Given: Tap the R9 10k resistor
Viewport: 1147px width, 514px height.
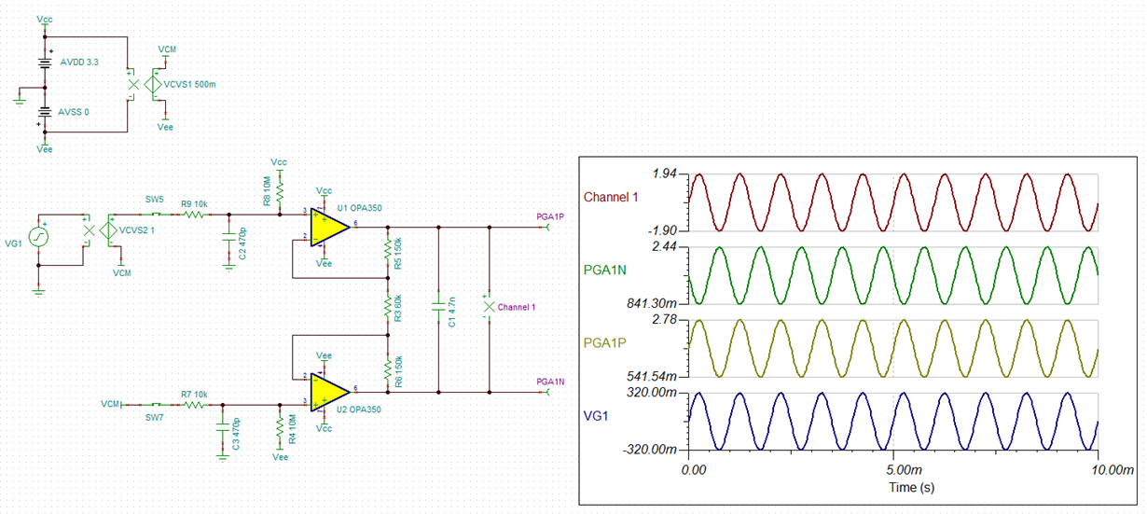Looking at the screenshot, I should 195,215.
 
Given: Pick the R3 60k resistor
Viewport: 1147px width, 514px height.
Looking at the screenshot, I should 387,307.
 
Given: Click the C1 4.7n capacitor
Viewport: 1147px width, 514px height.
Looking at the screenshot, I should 437,307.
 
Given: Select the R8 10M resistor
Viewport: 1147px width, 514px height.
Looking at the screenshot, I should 279,188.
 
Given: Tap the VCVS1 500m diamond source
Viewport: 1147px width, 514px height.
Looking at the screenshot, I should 155,85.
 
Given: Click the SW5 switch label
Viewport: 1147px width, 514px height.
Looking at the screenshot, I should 153,199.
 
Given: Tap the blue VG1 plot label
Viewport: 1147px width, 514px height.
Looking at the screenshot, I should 596,416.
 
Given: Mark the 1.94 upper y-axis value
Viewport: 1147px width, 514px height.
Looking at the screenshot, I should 666,174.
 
